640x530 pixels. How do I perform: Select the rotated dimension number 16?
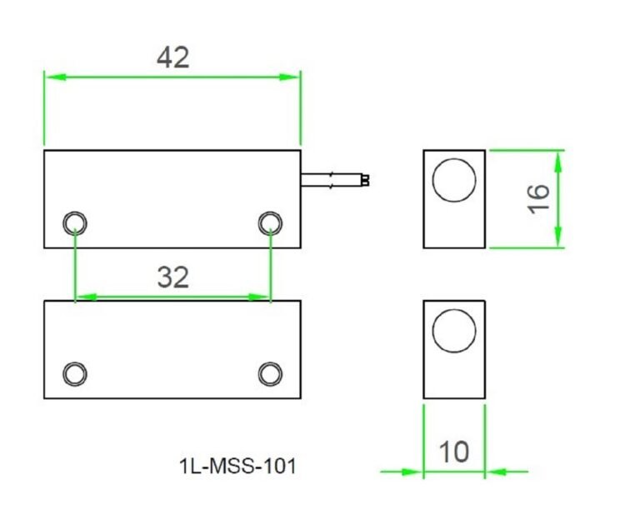click(539, 198)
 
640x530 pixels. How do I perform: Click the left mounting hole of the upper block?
click(75, 222)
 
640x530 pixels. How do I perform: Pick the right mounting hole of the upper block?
click(270, 222)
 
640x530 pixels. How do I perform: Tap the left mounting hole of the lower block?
click(75, 372)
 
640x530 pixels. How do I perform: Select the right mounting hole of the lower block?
click(270, 372)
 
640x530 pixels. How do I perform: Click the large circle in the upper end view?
click(454, 180)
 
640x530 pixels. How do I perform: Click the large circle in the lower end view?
click(454, 331)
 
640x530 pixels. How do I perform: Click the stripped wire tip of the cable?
click(365, 180)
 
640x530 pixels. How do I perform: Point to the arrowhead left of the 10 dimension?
click(412, 472)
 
